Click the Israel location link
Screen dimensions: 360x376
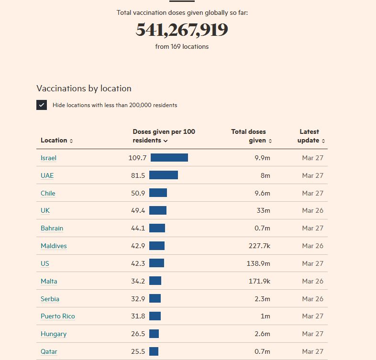coord(48,158)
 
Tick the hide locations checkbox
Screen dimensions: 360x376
coord(42,105)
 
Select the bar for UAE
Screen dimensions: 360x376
coord(163,175)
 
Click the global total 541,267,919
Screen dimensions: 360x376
coord(182,30)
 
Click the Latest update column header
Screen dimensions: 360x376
coord(311,136)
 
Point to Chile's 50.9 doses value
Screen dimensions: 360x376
coord(138,193)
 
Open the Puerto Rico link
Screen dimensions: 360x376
coord(57,316)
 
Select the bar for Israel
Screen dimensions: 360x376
coord(169,158)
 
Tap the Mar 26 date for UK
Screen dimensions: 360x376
coord(312,211)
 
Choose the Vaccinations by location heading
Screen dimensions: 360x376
coord(84,88)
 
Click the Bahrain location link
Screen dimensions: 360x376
coord(52,229)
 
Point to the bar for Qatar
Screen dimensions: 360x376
coord(154,351)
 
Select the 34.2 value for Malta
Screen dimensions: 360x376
coord(138,281)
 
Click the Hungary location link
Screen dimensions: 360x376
coord(54,334)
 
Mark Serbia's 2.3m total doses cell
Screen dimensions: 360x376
coord(262,299)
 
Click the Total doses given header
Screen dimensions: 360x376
coord(251,136)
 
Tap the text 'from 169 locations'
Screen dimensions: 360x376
coord(182,47)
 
